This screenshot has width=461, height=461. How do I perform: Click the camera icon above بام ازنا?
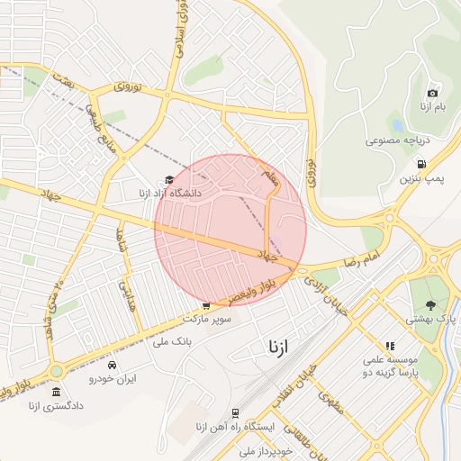(433, 93)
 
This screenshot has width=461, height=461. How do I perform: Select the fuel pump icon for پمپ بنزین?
(421, 164)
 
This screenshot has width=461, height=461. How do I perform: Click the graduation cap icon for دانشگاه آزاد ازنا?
(169, 179)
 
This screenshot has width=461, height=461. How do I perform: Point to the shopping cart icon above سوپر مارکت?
(207, 305)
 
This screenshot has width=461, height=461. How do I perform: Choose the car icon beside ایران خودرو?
(112, 366)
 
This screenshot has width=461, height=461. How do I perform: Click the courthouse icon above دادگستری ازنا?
(57, 392)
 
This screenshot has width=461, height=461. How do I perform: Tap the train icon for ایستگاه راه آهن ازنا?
(235, 413)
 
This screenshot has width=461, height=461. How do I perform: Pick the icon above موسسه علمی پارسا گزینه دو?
(389, 345)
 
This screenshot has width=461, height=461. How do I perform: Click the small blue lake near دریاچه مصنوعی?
(396, 124)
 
